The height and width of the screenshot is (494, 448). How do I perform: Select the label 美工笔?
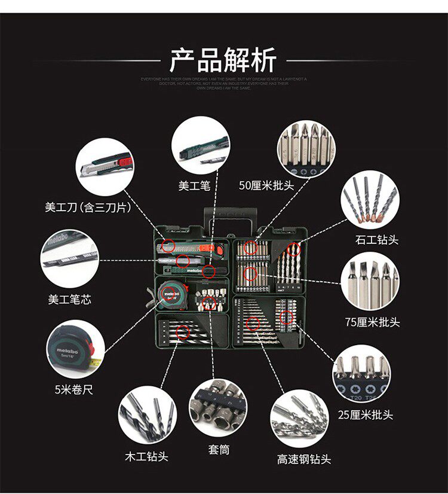click(194, 185)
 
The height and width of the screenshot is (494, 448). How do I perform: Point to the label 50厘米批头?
click(266, 185)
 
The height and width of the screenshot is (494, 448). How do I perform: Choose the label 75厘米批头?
click(372, 322)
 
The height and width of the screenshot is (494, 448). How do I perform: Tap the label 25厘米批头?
click(365, 414)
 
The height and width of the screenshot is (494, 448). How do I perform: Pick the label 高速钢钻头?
click(303, 459)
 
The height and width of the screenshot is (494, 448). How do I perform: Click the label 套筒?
click(219, 450)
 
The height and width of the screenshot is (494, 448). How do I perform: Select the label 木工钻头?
click(146, 456)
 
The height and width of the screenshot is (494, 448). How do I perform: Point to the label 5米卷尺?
click(73, 390)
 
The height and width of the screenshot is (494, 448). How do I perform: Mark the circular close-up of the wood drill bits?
click(146, 416)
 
